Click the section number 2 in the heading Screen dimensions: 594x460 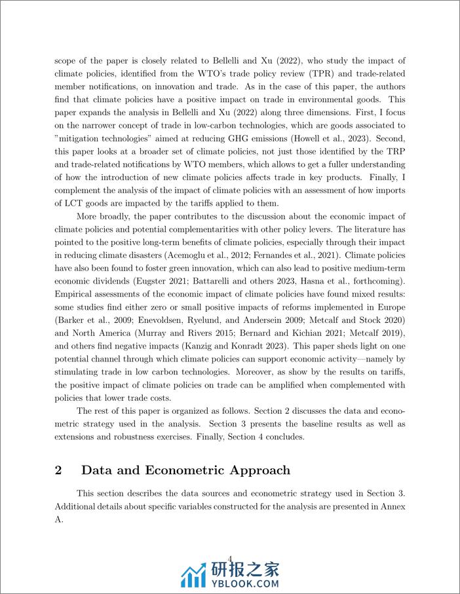[58, 470]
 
